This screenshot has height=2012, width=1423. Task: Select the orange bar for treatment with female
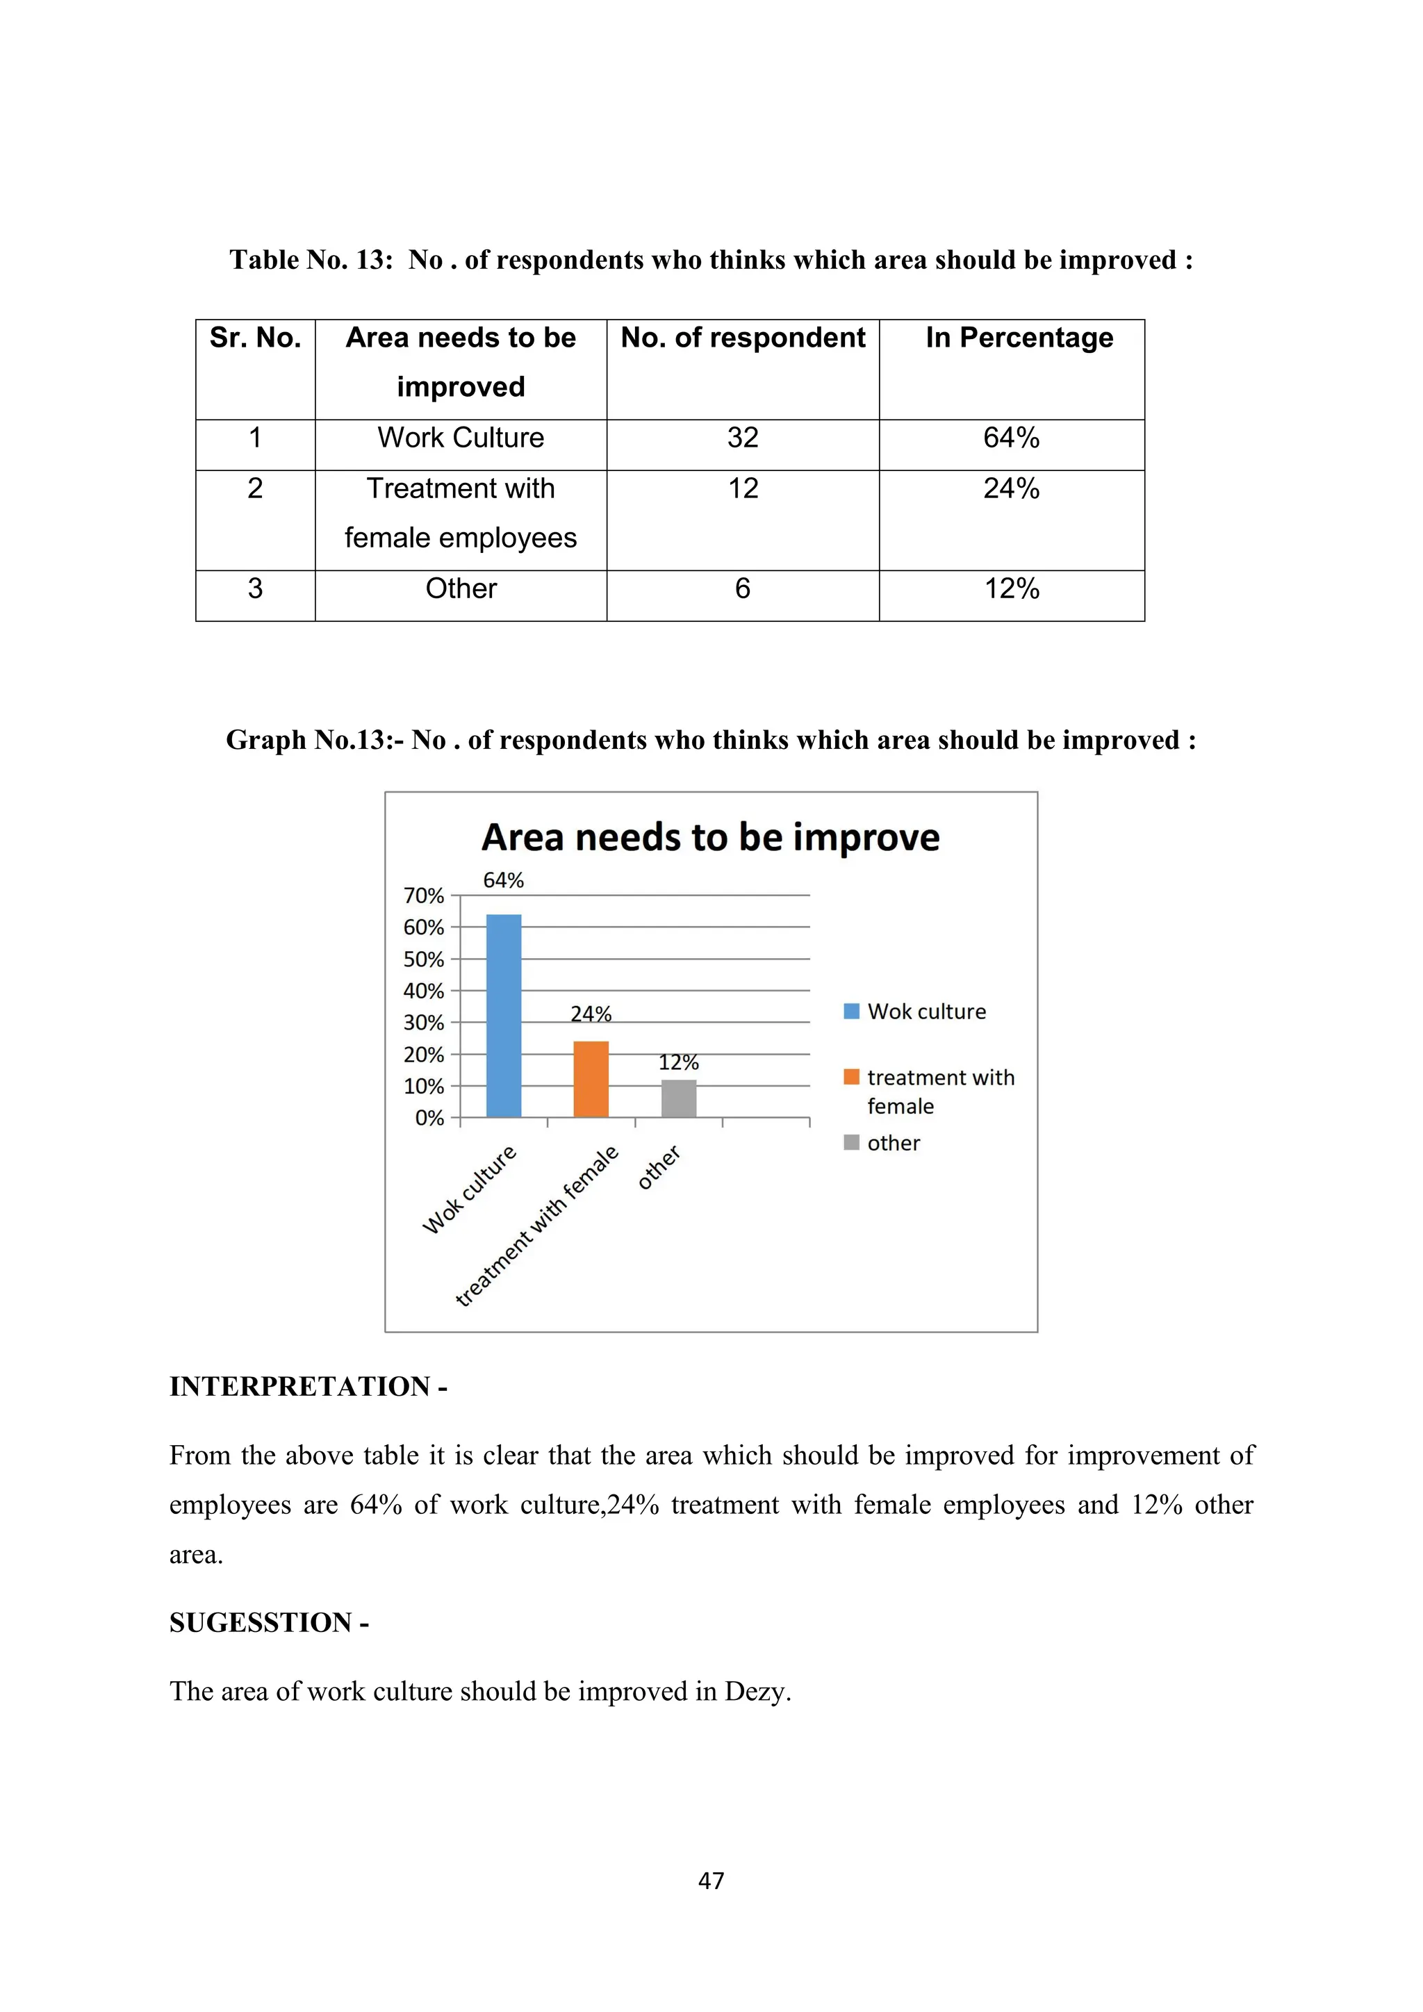[591, 1079]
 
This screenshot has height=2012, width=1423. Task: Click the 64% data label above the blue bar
[503, 880]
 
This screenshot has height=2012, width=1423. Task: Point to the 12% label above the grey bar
[678, 1062]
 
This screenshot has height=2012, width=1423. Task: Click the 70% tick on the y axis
[424, 896]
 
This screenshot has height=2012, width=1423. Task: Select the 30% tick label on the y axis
[424, 1023]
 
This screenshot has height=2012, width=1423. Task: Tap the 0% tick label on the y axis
[429, 1118]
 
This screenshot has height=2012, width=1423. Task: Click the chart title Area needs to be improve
[711, 837]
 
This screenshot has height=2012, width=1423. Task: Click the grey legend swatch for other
[851, 1143]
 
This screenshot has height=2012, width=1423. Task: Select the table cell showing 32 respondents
[742, 437]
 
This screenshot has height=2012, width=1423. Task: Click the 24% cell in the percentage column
[1011, 488]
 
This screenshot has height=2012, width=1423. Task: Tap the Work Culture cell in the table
[461, 437]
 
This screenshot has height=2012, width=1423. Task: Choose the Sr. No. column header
[255, 338]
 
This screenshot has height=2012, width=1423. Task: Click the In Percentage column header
[1019, 338]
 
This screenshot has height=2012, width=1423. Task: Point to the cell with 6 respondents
[742, 588]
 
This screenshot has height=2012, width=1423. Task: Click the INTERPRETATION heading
[308, 1386]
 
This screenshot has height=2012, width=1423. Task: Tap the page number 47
[711, 1881]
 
